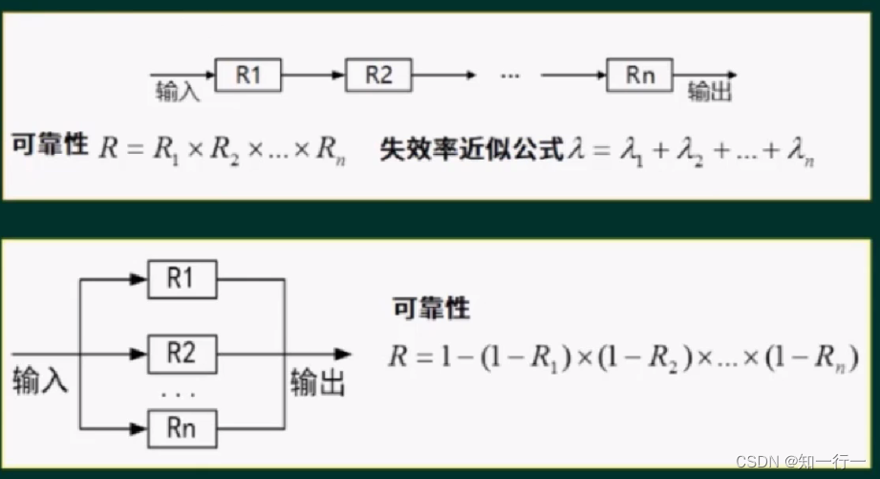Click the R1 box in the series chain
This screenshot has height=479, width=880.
247,76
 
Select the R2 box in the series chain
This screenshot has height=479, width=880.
378,76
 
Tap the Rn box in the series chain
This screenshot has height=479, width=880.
639,76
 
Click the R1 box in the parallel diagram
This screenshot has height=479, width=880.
182,279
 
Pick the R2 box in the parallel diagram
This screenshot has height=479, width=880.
182,354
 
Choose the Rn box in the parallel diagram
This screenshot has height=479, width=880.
182,427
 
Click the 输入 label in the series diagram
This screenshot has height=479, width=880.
177,93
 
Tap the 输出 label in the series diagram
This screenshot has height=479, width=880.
710,93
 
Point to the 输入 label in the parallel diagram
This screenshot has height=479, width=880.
40,381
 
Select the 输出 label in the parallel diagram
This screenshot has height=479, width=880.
318,381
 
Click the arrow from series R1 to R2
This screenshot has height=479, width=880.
312,76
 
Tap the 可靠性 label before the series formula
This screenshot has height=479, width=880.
50,146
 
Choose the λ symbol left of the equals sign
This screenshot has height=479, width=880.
575,150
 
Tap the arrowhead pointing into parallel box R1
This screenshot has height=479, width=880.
140,279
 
